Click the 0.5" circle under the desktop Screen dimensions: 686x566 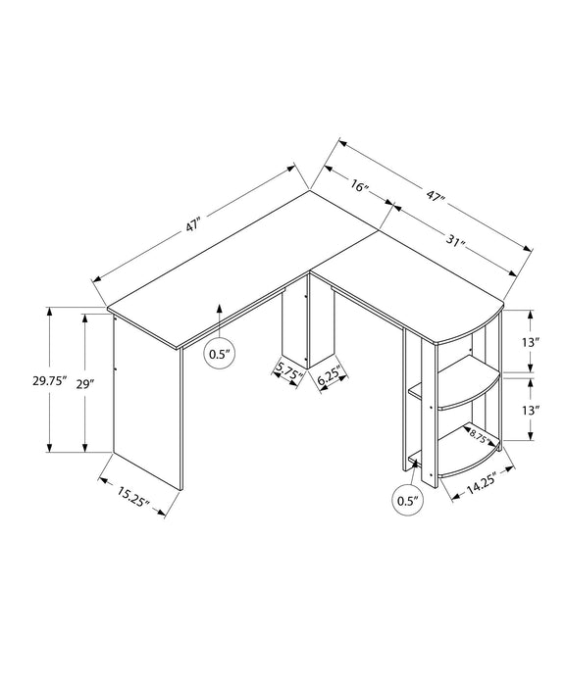(x=218, y=353)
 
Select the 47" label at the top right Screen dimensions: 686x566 (x=437, y=200)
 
